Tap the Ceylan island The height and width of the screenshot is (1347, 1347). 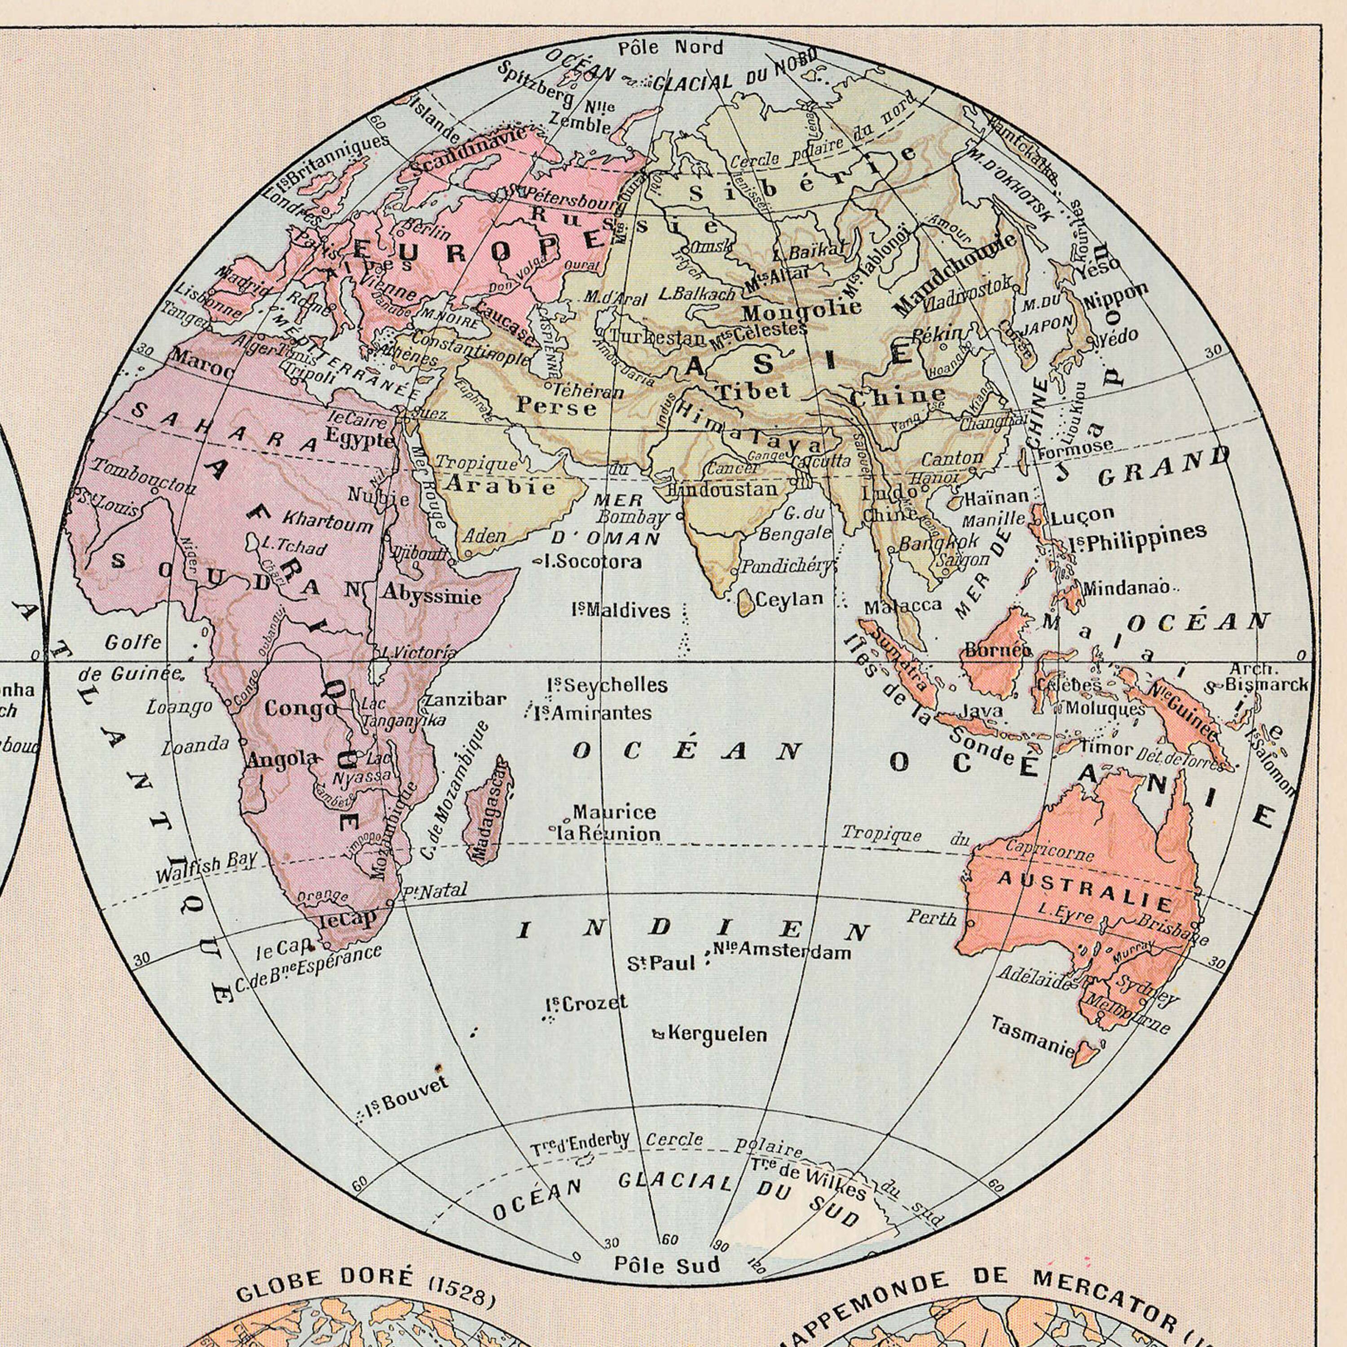(745, 601)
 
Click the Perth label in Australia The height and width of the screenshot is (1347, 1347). (932, 917)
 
